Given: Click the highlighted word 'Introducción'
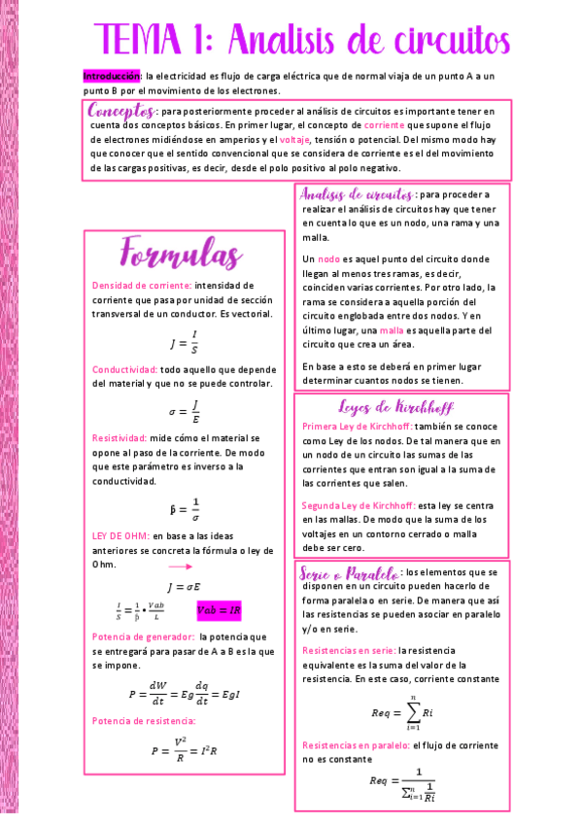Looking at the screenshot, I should (x=112, y=75).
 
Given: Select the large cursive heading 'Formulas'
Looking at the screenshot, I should (x=181, y=255).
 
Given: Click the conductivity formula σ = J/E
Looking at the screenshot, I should (x=184, y=412).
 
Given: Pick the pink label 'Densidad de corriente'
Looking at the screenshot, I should (x=142, y=286).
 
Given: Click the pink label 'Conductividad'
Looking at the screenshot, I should (x=124, y=370).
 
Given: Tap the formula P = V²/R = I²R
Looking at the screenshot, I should (x=184, y=750).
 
